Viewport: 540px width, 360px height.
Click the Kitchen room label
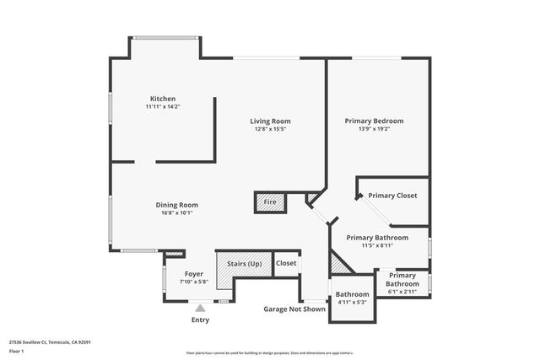[x=163, y=99]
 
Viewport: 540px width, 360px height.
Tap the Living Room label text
[x=270, y=121]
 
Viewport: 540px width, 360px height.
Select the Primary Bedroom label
[x=374, y=121]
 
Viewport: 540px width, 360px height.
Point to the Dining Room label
[x=176, y=205]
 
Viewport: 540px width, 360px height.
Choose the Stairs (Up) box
[x=243, y=264]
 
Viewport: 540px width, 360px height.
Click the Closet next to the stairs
[x=286, y=263]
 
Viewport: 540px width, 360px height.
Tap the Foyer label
[x=194, y=273]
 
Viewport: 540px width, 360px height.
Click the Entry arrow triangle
[x=200, y=309]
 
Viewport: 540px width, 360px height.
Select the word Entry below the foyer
[x=200, y=320]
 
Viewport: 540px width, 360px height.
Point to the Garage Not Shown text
[x=294, y=309]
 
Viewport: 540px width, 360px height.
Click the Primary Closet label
[x=392, y=196]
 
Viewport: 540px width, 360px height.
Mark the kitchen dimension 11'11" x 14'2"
[x=163, y=107]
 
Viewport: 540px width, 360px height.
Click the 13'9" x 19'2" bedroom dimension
[x=374, y=129]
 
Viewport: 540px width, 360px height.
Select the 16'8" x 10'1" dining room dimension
[x=176, y=213]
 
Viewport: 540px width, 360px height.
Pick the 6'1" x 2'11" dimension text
[x=402, y=293]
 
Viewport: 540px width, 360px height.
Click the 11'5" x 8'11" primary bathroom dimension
[x=377, y=246]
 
